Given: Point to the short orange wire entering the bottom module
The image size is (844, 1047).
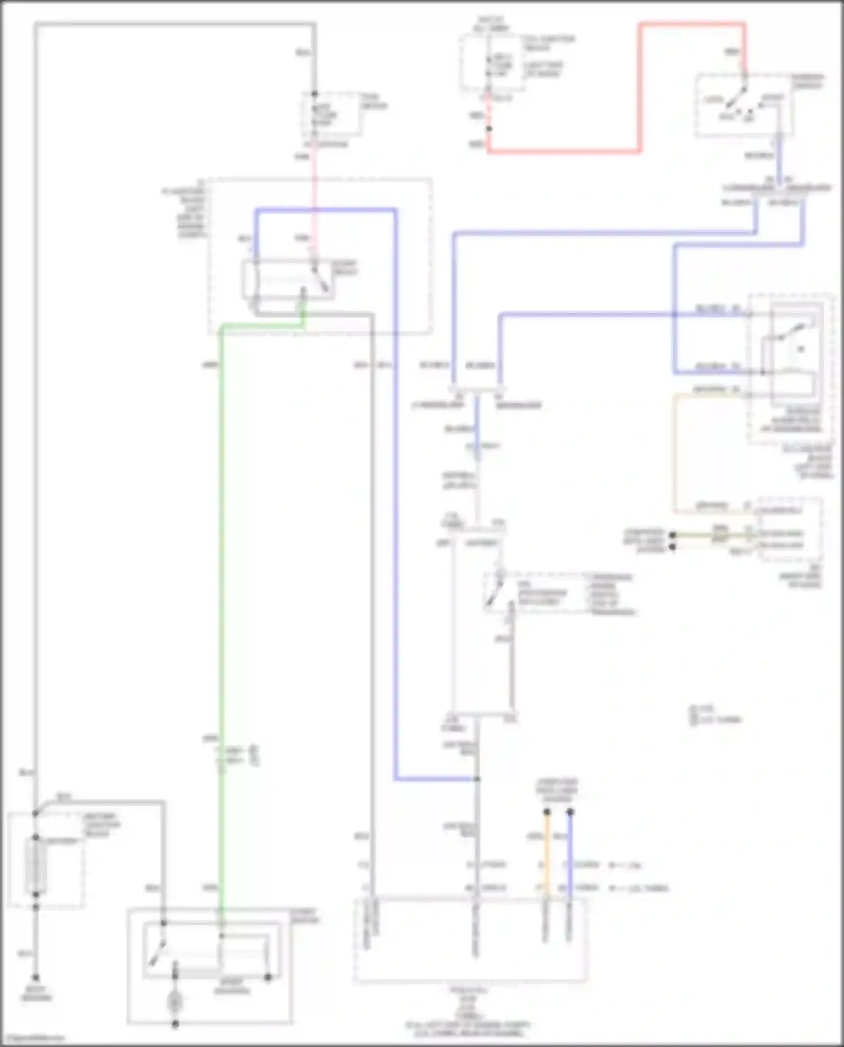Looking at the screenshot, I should (546, 855).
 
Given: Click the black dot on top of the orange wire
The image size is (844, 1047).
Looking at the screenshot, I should (546, 812).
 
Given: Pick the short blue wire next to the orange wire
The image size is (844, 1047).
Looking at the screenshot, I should (569, 855).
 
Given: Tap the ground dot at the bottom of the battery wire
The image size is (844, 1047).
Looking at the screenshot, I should (35, 978).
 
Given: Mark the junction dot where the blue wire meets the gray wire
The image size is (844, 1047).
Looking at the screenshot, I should (477, 779).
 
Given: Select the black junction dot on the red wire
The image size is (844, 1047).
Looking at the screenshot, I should (489, 129).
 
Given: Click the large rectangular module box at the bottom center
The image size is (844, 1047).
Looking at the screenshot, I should (470, 940).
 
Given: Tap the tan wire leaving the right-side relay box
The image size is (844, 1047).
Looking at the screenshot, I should (674, 450).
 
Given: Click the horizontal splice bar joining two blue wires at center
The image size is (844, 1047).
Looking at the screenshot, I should (477, 389).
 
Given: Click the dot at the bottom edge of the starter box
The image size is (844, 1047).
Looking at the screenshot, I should (175, 1024).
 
